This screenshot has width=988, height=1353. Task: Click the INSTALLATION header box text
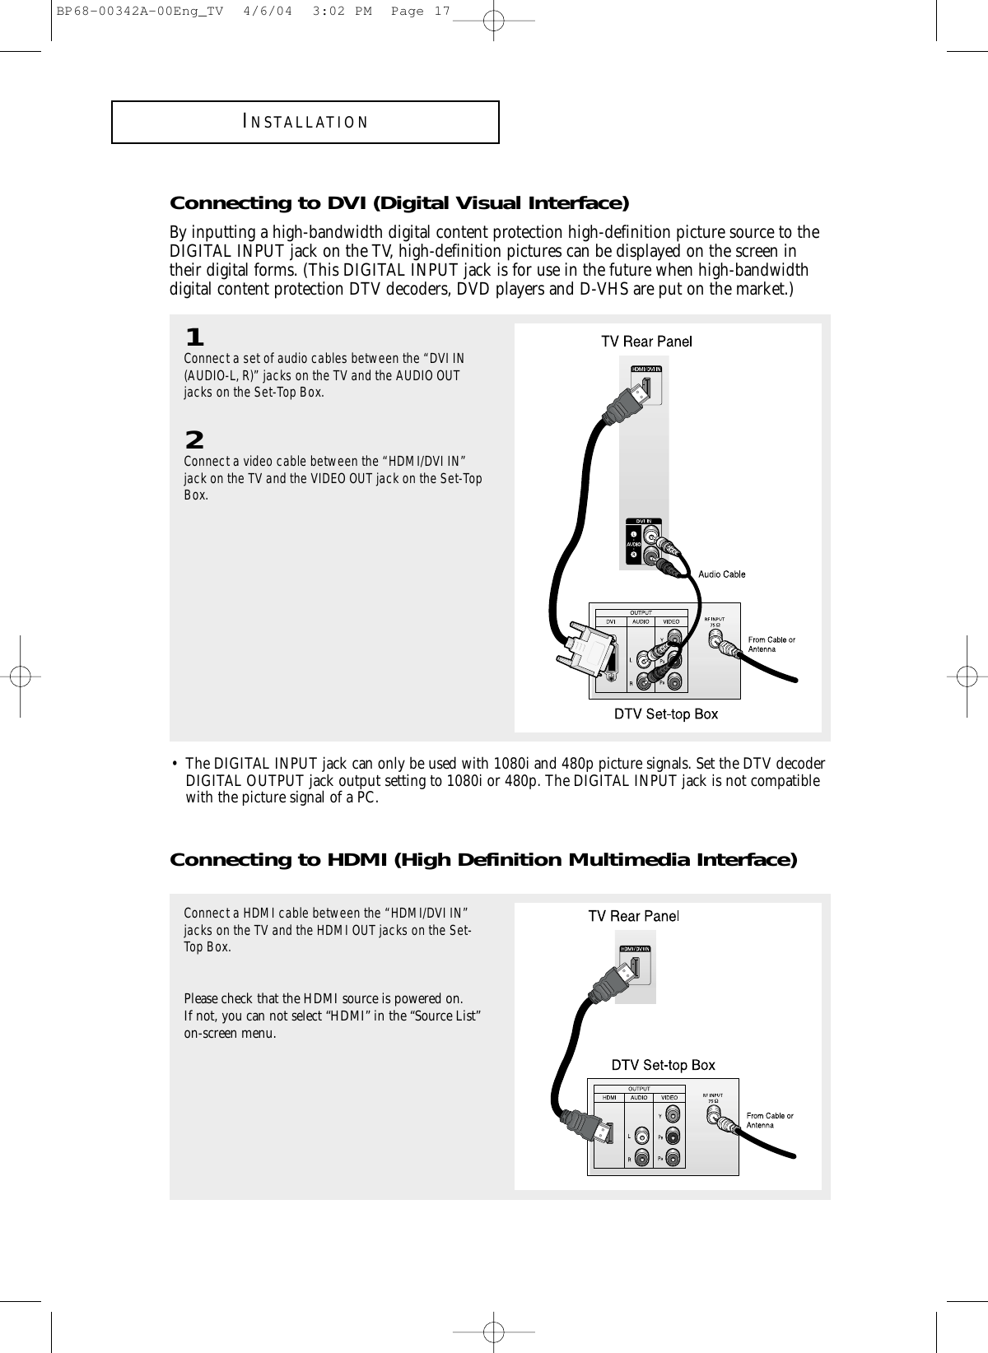click(x=305, y=123)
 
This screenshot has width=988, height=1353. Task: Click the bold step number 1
click(x=194, y=337)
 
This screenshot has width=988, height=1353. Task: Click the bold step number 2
click(x=194, y=439)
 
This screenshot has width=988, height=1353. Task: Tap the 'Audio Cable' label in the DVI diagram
click(x=722, y=574)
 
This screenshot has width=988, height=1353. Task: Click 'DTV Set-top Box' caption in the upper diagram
click(x=667, y=714)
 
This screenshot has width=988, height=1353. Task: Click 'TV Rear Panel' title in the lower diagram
click(x=632, y=916)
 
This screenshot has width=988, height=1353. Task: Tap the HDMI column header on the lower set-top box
click(x=610, y=1097)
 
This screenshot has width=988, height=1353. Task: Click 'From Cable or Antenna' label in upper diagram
click(x=771, y=644)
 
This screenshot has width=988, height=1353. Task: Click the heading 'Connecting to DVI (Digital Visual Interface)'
click(x=399, y=203)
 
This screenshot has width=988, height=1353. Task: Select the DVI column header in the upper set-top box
click(x=611, y=622)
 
